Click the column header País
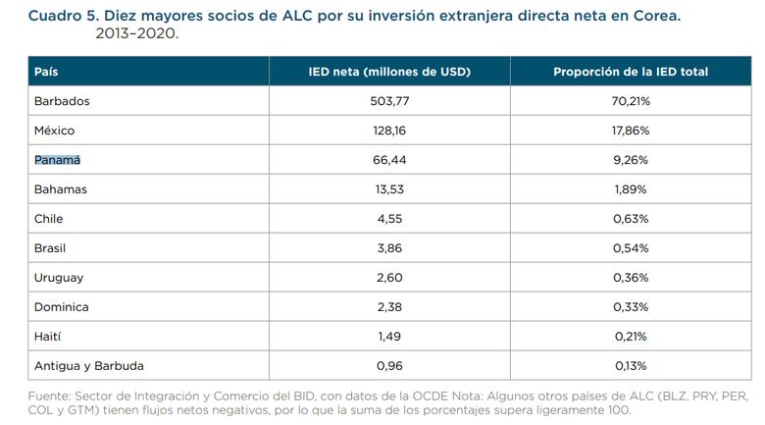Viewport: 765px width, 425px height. (x=46, y=72)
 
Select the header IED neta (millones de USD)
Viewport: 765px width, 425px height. (x=389, y=72)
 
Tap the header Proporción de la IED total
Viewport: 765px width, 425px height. (x=631, y=72)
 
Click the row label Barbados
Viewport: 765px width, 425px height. (x=62, y=101)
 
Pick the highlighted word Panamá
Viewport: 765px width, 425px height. (x=57, y=160)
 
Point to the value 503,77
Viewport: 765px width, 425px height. (x=389, y=101)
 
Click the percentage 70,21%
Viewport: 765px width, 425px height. (x=631, y=101)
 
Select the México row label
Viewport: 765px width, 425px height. (x=54, y=131)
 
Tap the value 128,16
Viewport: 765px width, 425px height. (x=389, y=131)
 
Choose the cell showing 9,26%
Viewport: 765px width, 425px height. (x=631, y=160)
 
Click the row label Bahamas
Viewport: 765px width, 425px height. (x=61, y=189)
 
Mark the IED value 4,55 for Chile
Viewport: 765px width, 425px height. (x=389, y=219)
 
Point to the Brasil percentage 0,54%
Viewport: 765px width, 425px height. (x=631, y=248)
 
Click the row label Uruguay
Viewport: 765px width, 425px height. (x=59, y=278)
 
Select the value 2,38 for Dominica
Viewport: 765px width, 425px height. (x=389, y=307)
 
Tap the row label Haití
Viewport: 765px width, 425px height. (x=48, y=337)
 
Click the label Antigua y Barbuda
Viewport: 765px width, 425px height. (x=89, y=366)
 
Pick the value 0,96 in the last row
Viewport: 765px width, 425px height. (x=389, y=366)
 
